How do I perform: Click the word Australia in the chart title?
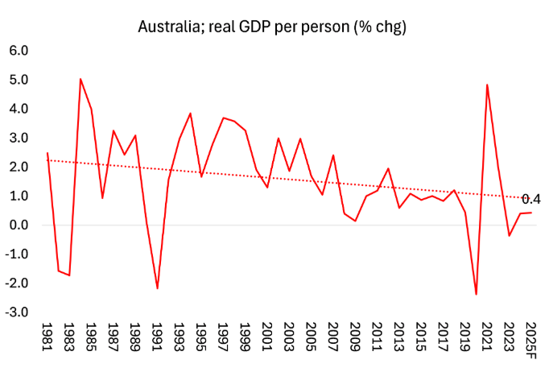166,27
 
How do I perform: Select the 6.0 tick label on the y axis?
19,50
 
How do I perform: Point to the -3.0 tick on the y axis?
17,312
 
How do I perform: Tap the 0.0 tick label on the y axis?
19,225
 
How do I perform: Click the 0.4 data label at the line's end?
531,199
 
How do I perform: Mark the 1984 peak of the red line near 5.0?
80,79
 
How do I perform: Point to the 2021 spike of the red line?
487,85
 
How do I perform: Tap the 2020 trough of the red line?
476,294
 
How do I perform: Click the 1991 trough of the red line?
157,288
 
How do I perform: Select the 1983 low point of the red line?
69,275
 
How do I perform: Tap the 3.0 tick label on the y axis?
19,138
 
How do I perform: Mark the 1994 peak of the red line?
190,114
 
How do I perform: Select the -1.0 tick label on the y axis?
17,254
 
